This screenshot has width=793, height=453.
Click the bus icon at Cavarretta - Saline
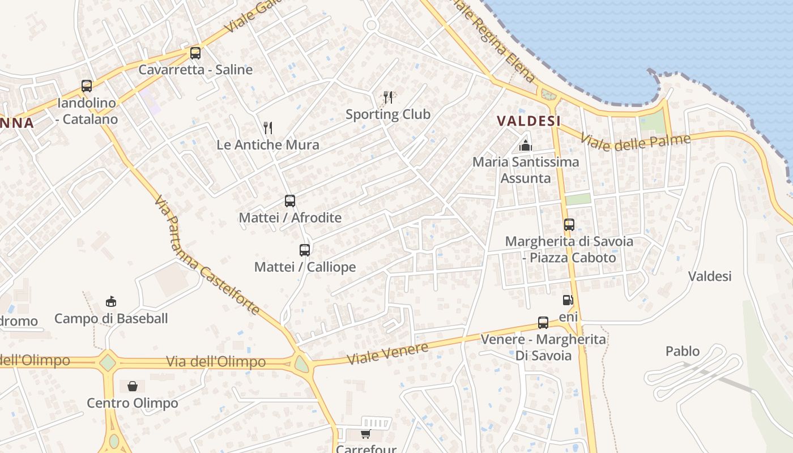tap(195, 53)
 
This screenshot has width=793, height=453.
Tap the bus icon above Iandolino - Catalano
tap(87, 86)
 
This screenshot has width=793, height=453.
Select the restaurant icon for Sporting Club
tap(388, 97)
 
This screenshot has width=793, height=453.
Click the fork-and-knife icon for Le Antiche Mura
tap(268, 128)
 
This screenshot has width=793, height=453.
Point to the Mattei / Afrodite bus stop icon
tap(290, 200)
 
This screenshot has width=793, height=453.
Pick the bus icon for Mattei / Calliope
tap(305, 250)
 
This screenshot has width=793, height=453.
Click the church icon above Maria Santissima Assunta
tap(526, 146)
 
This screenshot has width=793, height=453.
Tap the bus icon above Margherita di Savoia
tap(569, 225)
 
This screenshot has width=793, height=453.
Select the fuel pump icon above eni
tap(568, 300)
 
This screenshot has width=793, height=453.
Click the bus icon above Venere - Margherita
tap(543, 323)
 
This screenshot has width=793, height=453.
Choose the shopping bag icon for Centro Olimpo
tap(133, 386)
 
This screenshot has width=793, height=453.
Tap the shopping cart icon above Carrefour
tap(365, 434)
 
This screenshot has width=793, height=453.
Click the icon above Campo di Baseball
tap(111, 301)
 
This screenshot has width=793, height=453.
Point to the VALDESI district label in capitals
tap(528, 121)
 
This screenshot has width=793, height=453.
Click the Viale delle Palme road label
tap(635, 142)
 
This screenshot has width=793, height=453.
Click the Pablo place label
tap(683, 351)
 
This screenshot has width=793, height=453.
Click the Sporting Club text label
tap(388, 114)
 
